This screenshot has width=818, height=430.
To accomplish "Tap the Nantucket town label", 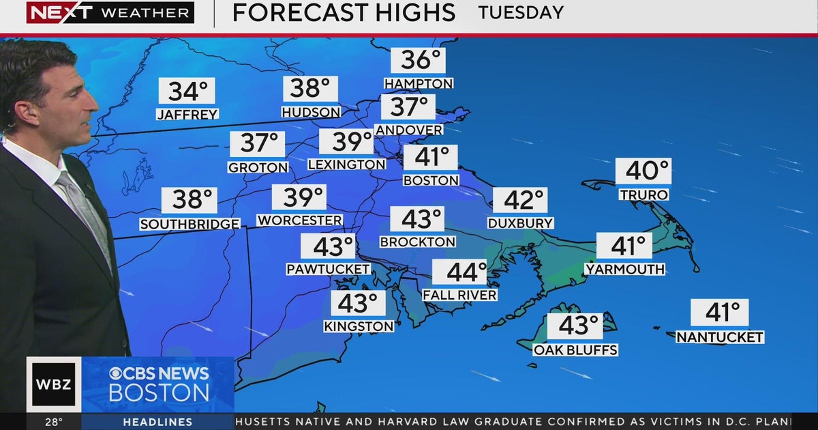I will [x=719, y=337].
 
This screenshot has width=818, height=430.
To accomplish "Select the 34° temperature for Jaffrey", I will [x=187, y=91].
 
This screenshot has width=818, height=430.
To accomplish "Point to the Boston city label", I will [x=431, y=181].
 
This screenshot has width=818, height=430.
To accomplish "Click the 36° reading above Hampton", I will [x=418, y=61].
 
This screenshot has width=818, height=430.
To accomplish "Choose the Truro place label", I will [x=643, y=195].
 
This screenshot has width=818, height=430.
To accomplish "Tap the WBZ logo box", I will [x=54, y=384].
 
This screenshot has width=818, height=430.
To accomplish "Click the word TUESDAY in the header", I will [x=521, y=12].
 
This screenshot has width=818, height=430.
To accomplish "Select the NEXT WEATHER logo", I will [x=110, y=12].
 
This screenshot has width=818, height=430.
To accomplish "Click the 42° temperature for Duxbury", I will [x=520, y=201].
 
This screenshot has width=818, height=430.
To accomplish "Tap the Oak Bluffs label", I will [x=575, y=350].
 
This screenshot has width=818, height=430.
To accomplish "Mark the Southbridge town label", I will [x=190, y=224].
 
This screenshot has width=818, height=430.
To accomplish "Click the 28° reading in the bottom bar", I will [x=54, y=422].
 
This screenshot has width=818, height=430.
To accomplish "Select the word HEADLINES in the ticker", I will [x=157, y=422].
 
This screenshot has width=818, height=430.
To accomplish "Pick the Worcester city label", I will [x=299, y=220].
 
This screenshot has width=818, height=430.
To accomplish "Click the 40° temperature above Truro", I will [x=643, y=171].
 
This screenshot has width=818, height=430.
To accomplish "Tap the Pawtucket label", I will [x=328, y=270].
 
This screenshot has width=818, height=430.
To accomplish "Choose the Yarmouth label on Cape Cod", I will [x=624, y=270].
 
